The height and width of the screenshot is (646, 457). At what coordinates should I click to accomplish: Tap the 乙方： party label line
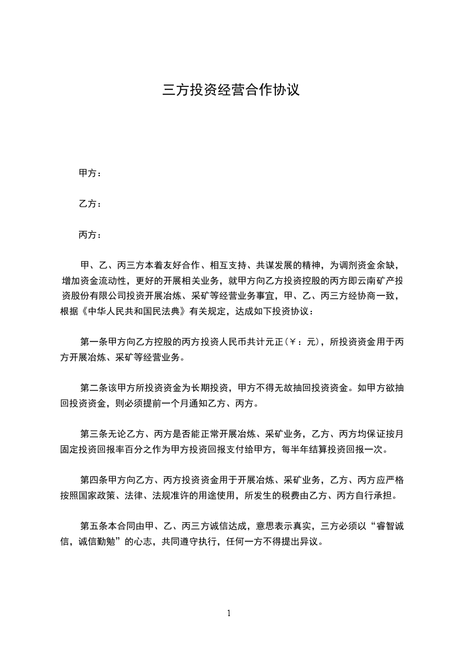tap(90, 204)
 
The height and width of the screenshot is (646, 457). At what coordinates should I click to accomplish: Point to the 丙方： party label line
tap(90, 235)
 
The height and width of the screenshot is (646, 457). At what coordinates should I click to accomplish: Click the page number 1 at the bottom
tap(229, 613)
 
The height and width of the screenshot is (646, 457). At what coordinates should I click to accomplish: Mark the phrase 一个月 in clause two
tap(182, 403)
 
